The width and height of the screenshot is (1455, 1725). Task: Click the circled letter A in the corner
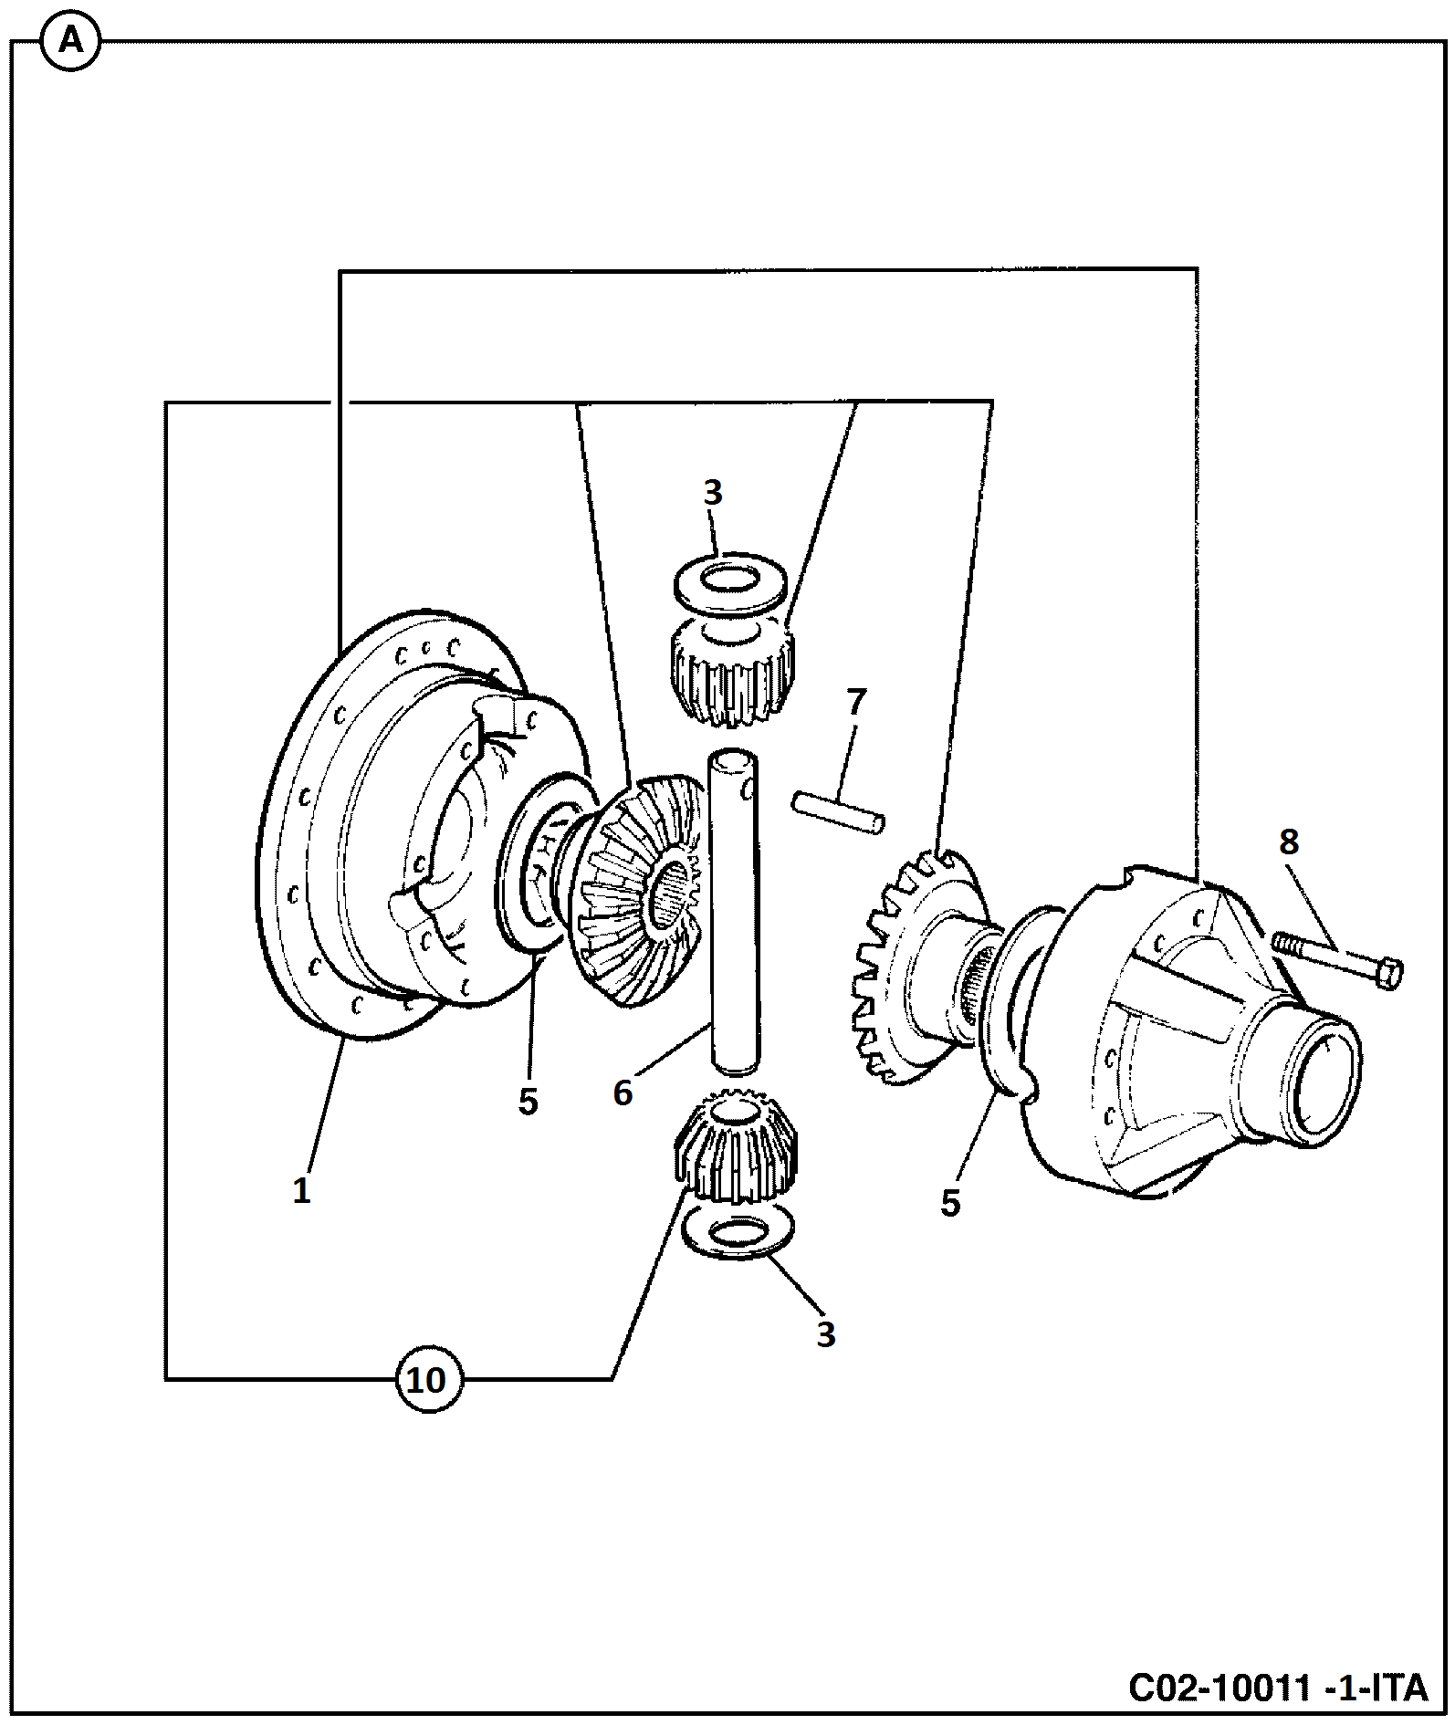pos(71,42)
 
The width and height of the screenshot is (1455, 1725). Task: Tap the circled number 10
pos(427,1379)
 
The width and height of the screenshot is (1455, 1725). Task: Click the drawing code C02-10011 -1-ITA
pos(1278,1688)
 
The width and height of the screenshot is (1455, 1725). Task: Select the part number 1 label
pos(301,1191)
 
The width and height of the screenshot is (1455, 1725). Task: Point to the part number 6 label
pos(623,1092)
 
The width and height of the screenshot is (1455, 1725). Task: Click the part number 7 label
pos(855,702)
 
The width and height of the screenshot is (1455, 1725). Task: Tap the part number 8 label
pos(1288,842)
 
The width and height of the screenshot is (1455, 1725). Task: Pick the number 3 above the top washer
pos(712,492)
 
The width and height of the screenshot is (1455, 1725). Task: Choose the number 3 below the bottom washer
pos(825,1334)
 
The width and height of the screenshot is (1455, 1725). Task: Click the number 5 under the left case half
pos(528,1102)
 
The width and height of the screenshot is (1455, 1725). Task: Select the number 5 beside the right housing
pos(950,1203)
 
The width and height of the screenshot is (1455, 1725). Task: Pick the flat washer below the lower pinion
pos(738,1234)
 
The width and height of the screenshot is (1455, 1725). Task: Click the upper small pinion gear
pos(732,670)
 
